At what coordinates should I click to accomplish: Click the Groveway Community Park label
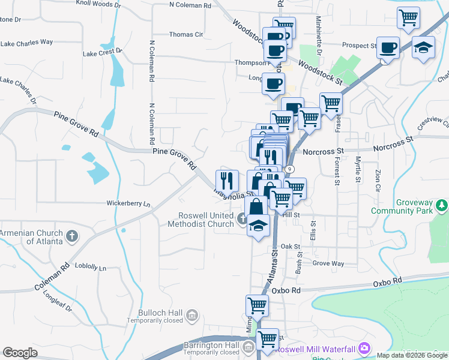(402, 206)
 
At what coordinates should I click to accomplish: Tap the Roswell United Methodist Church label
(206, 220)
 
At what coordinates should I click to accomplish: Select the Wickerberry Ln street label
(129, 204)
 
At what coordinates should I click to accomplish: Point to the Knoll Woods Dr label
(98, 4)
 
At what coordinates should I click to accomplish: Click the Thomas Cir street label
(187, 35)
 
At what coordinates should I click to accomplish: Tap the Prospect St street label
(358, 45)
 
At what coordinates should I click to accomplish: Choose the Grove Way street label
(328, 263)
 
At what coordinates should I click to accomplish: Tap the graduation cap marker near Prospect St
(424, 47)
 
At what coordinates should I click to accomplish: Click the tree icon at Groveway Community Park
(442, 206)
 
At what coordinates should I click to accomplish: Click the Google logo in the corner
(20, 353)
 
